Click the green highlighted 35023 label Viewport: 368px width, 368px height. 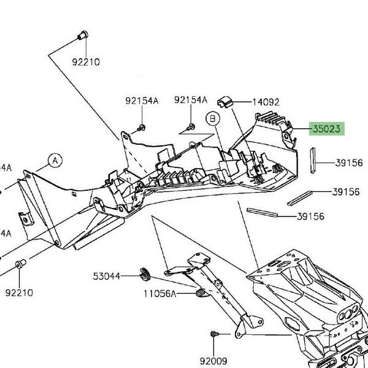click(x=329, y=129)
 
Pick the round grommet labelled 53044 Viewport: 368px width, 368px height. click(x=147, y=272)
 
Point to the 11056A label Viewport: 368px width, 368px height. click(x=160, y=294)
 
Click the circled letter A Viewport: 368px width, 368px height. click(x=55, y=161)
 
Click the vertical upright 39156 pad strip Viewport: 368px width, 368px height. click(x=312, y=161)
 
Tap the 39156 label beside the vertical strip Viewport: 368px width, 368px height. click(x=349, y=163)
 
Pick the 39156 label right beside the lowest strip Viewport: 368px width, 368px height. click(x=310, y=217)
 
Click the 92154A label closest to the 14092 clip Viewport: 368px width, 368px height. click(x=190, y=101)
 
